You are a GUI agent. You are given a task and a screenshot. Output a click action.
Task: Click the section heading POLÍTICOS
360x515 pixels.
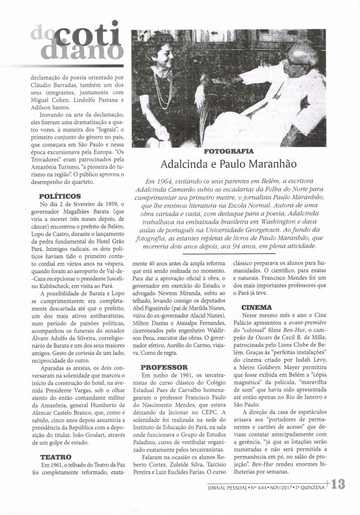[x=60, y=196]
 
